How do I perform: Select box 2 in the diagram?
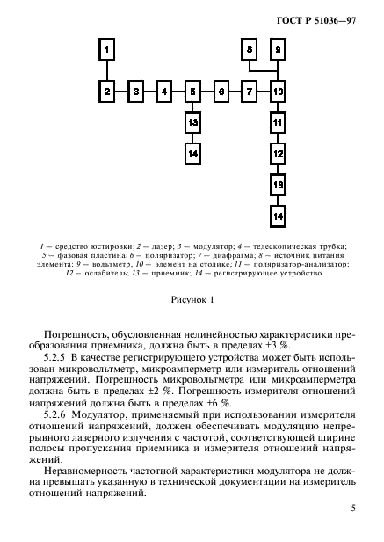click(x=106, y=91)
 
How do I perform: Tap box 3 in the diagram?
click(x=135, y=91)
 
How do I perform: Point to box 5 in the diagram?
click(x=192, y=91)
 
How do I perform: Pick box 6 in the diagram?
click(x=221, y=91)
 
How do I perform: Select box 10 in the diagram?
click(x=278, y=91)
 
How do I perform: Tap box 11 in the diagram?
click(x=278, y=122)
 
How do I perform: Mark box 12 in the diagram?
click(x=278, y=154)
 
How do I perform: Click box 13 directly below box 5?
click(x=192, y=122)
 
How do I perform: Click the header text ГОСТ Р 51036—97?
click(x=324, y=17)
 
